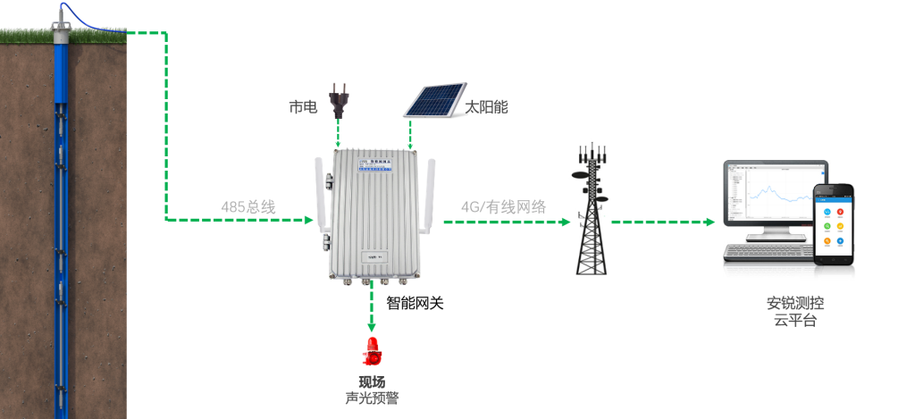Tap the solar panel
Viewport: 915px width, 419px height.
pyautogui.click(x=433, y=100)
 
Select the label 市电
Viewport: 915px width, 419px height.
pyautogui.click(x=302, y=107)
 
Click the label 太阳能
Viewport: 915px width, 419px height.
pyautogui.click(x=487, y=107)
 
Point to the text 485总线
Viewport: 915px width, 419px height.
pyautogui.click(x=248, y=206)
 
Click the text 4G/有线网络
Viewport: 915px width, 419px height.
pyautogui.click(x=503, y=206)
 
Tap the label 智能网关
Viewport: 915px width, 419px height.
pyautogui.click(x=415, y=303)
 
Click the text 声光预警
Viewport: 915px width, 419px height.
pyautogui.click(x=372, y=398)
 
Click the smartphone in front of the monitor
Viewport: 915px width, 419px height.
pyautogui.click(x=835, y=223)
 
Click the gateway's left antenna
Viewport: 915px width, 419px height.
pyautogui.click(x=319, y=192)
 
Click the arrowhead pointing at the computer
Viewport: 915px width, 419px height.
pyautogui.click(x=711, y=222)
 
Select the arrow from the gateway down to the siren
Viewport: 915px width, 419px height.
pyautogui.click(x=371, y=308)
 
